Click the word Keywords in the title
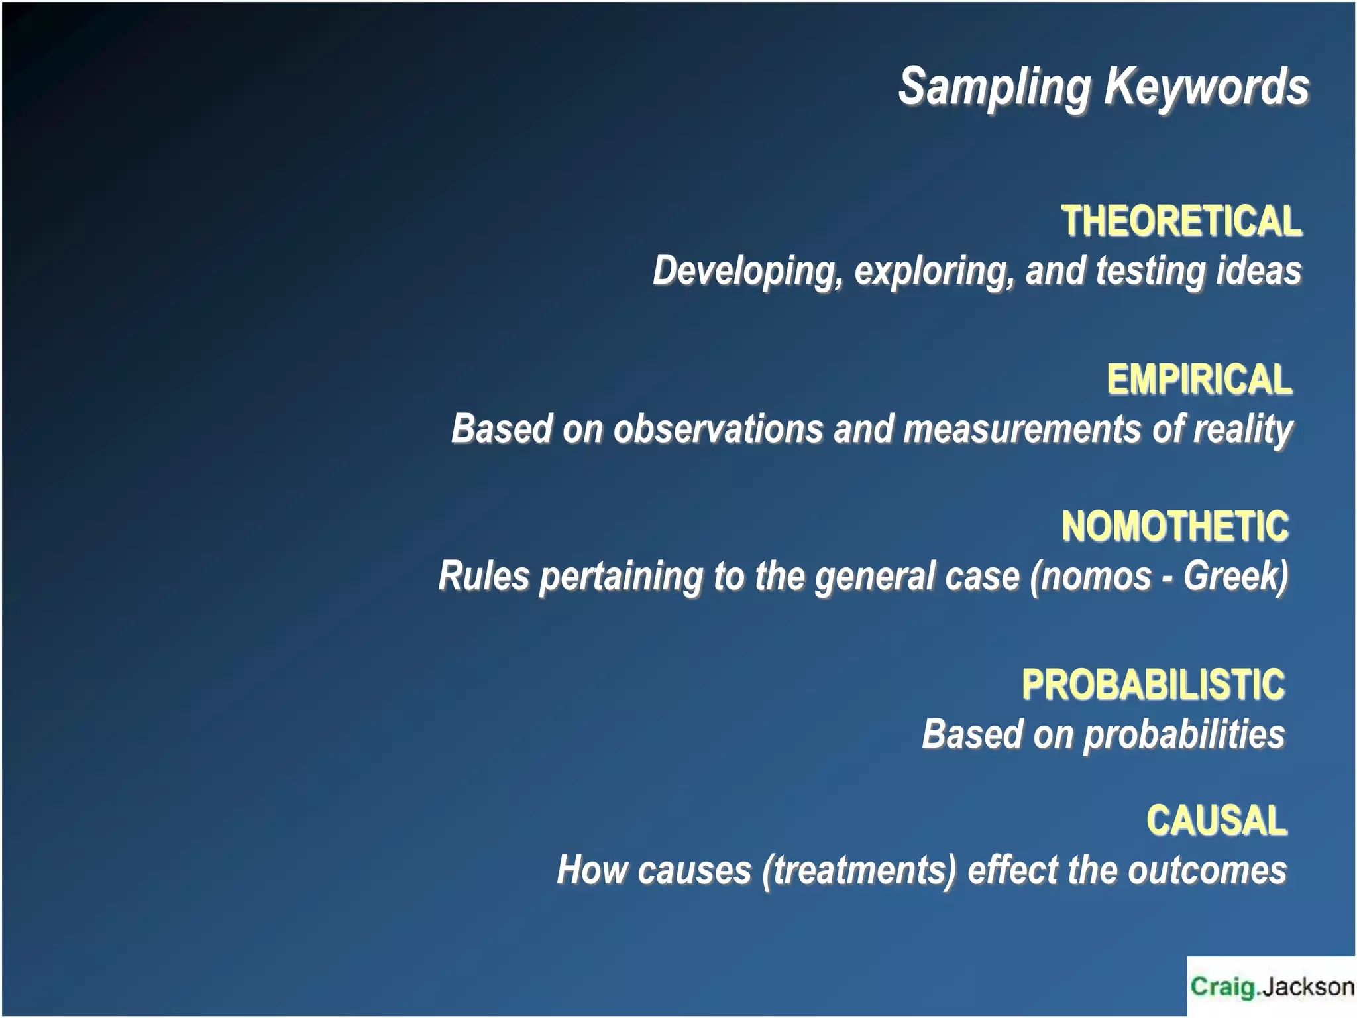point(1206,87)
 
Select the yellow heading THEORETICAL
point(1181,221)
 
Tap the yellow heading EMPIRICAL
point(1199,380)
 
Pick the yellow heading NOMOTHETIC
point(1175,526)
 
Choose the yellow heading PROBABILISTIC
point(1153,685)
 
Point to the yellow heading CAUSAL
point(1217,820)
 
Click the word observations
point(718,429)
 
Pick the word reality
point(1242,429)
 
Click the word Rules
point(484,576)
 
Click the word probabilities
point(1184,735)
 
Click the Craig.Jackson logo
point(1271,986)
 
